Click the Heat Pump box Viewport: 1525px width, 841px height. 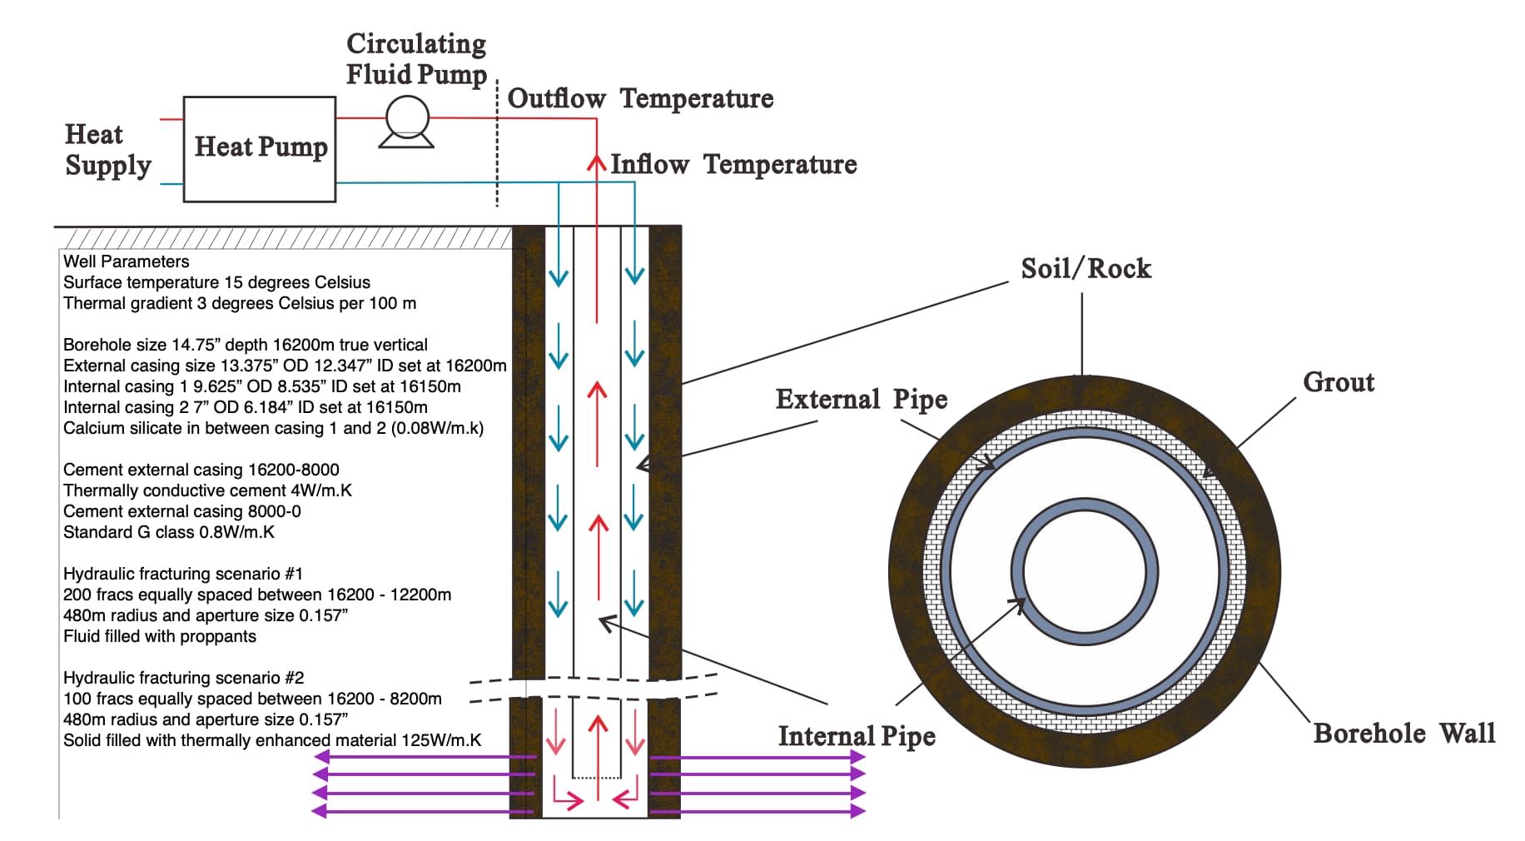click(260, 148)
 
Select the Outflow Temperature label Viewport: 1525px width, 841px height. click(640, 98)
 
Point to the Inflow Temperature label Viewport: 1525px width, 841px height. click(733, 164)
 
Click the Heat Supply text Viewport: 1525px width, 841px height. click(107, 150)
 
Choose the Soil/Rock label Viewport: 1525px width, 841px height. click(1085, 268)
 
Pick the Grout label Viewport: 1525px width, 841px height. click(1338, 382)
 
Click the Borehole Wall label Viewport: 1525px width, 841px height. click(1403, 733)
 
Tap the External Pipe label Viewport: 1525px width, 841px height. click(861, 399)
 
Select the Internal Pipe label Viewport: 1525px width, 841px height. click(856, 736)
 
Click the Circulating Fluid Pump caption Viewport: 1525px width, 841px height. click(416, 59)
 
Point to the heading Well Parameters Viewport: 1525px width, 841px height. click(127, 261)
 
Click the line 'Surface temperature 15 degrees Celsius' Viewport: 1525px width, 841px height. click(216, 282)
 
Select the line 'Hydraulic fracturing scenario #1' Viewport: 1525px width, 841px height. click(183, 574)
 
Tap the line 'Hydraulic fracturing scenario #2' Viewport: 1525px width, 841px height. click(183, 678)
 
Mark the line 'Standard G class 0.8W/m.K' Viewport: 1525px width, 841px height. click(169, 532)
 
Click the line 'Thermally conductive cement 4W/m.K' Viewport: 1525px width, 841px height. click(207, 490)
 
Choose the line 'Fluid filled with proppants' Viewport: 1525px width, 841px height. click(160, 636)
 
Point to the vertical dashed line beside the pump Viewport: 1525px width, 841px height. click(497, 142)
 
